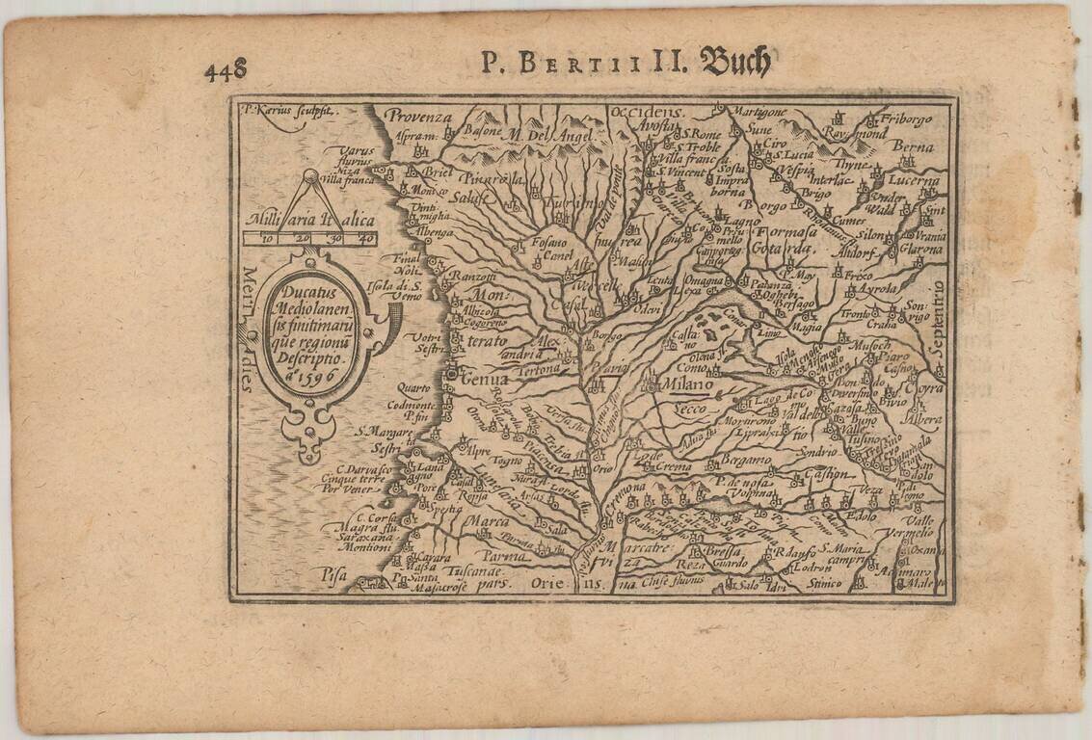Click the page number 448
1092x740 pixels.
click(226, 70)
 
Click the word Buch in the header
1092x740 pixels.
click(735, 63)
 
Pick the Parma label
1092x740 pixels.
click(506, 556)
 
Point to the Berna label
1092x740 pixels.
click(913, 146)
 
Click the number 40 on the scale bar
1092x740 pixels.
click(364, 238)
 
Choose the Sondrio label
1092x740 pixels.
click(816, 451)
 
